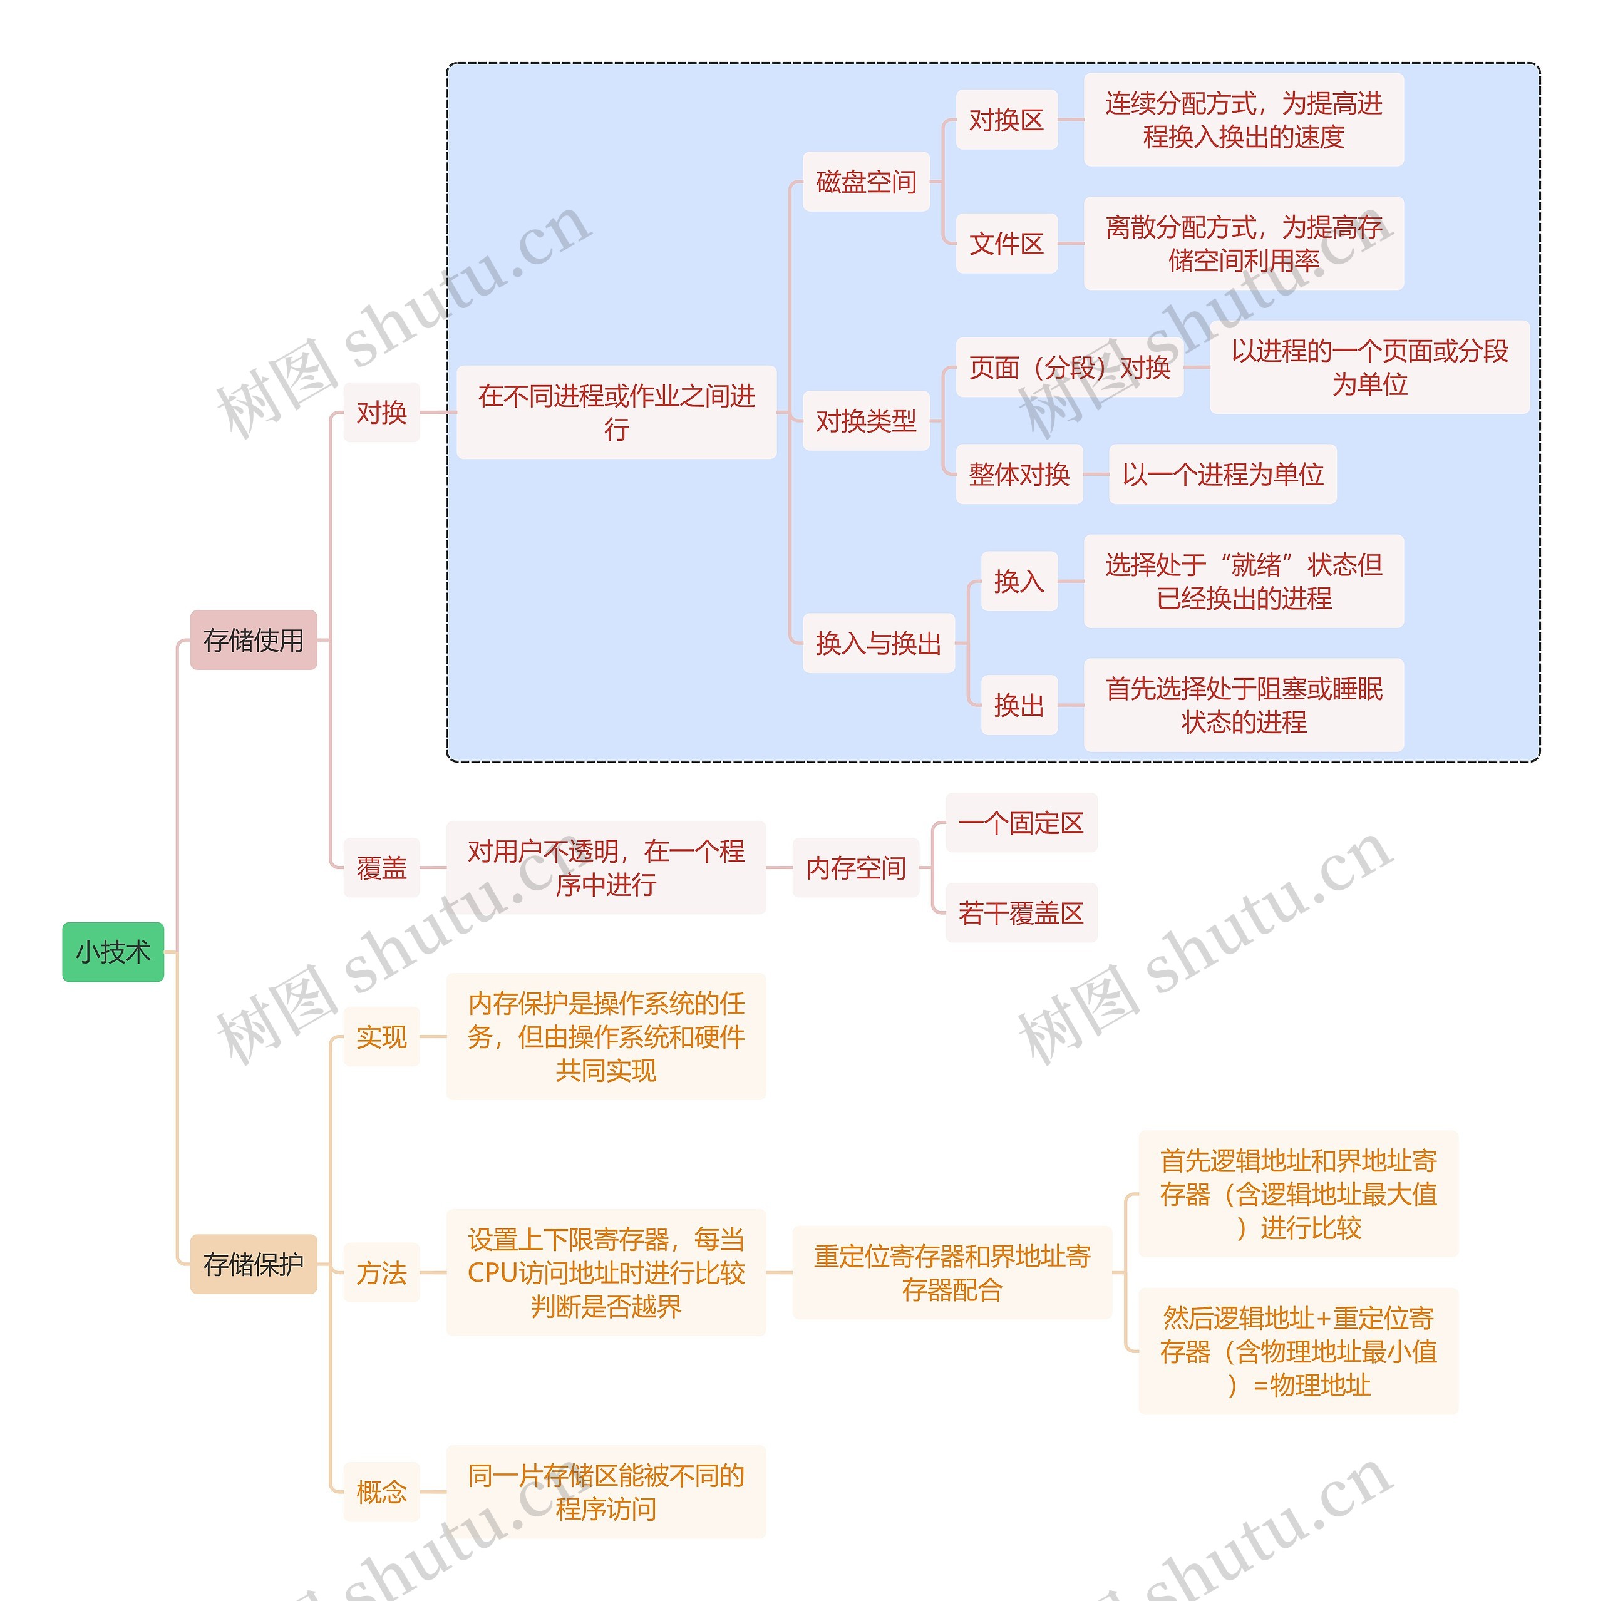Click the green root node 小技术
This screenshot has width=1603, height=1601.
click(113, 952)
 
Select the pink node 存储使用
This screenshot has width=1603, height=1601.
click(253, 639)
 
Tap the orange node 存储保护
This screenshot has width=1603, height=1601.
click(253, 1264)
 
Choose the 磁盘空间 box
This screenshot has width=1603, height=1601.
click(865, 182)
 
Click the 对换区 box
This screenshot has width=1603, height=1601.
click(1006, 120)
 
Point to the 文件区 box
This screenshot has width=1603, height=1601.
click(1006, 243)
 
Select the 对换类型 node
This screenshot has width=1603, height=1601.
click(865, 421)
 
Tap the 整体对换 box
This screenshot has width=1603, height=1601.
click(1019, 474)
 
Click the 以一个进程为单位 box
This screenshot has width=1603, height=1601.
click(1222, 474)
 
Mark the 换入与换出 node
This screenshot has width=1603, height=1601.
click(878, 643)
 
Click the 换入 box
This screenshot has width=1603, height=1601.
click(1018, 580)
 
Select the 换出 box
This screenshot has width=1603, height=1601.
click(1018, 705)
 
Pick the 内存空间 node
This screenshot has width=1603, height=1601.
click(855, 868)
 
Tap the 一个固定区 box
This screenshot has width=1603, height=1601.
click(1021, 822)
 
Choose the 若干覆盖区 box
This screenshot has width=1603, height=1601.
click(1021, 912)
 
